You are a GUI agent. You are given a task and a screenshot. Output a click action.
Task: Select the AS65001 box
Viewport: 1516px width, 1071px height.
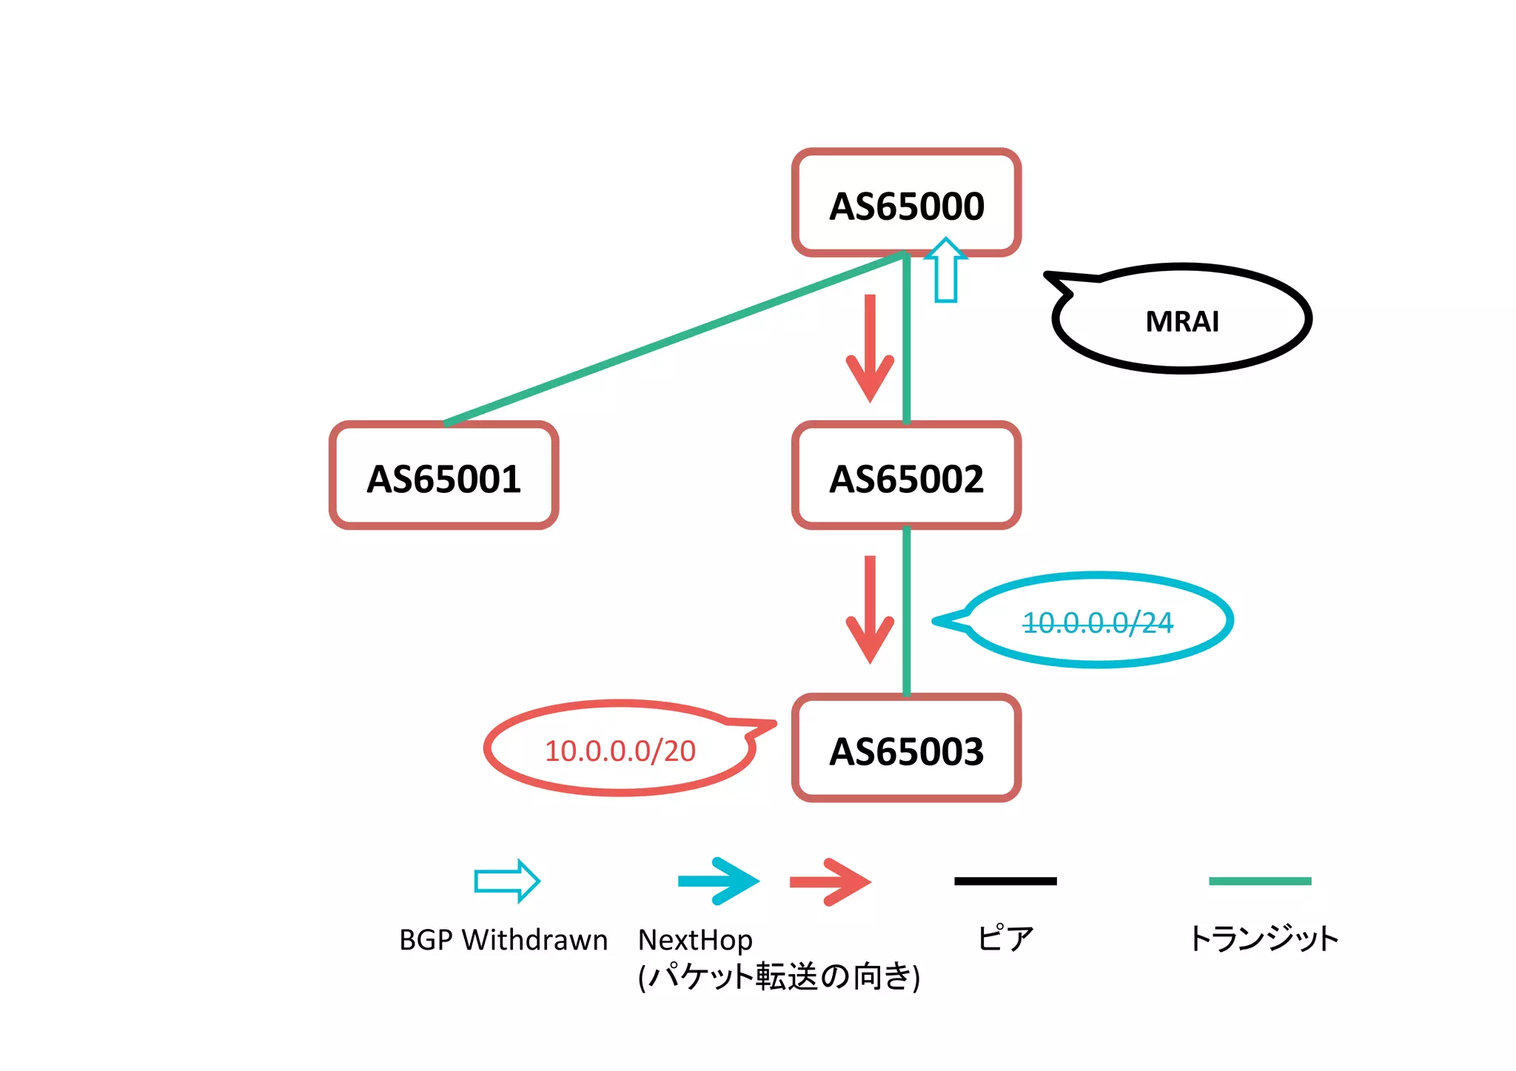443,477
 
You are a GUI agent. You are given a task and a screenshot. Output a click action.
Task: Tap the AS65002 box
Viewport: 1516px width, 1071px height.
906,477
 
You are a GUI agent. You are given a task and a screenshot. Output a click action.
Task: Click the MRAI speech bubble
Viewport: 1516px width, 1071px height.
1182,320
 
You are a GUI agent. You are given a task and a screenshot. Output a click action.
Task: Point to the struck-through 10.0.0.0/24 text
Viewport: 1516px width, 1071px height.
1097,622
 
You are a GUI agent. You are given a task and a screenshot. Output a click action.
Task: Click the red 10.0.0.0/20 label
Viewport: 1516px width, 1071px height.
620,751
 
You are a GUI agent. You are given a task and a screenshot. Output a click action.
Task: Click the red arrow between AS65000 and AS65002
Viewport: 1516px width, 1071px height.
870,348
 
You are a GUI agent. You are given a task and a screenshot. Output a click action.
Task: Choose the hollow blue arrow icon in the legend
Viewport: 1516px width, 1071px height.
507,881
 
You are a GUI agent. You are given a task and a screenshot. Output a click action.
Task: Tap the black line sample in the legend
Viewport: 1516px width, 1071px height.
1005,881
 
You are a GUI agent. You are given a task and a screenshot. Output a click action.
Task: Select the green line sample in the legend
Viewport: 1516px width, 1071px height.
1259,881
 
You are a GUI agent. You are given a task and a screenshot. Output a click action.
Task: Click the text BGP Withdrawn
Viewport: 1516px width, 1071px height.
503,940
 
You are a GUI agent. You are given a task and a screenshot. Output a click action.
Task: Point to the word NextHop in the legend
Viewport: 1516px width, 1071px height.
695,940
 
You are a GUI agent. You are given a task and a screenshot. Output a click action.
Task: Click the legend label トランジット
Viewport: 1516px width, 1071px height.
1263,939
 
